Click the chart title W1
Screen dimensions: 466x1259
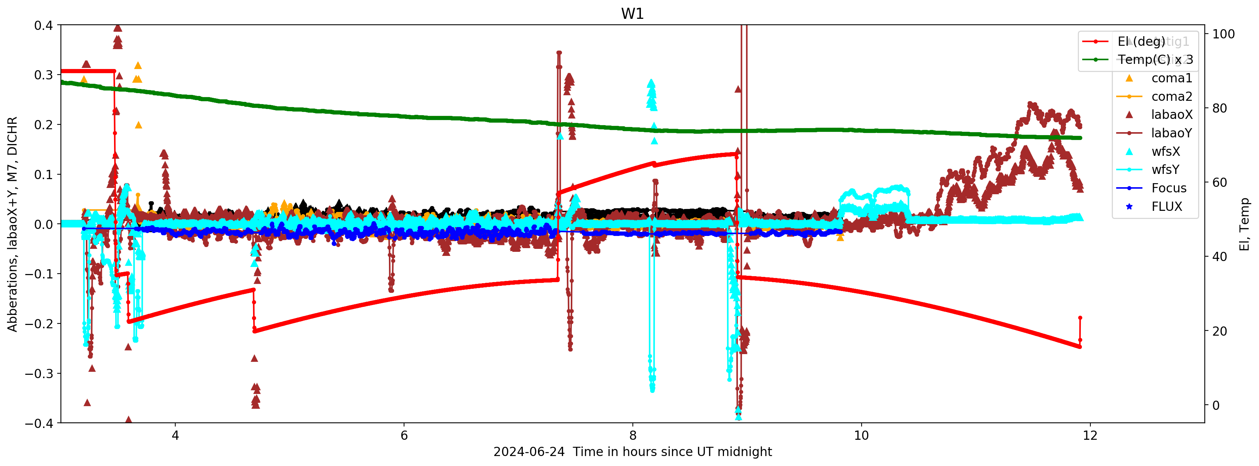point(632,14)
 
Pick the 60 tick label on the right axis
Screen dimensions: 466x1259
point(1220,183)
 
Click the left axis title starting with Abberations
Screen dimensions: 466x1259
point(12,224)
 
